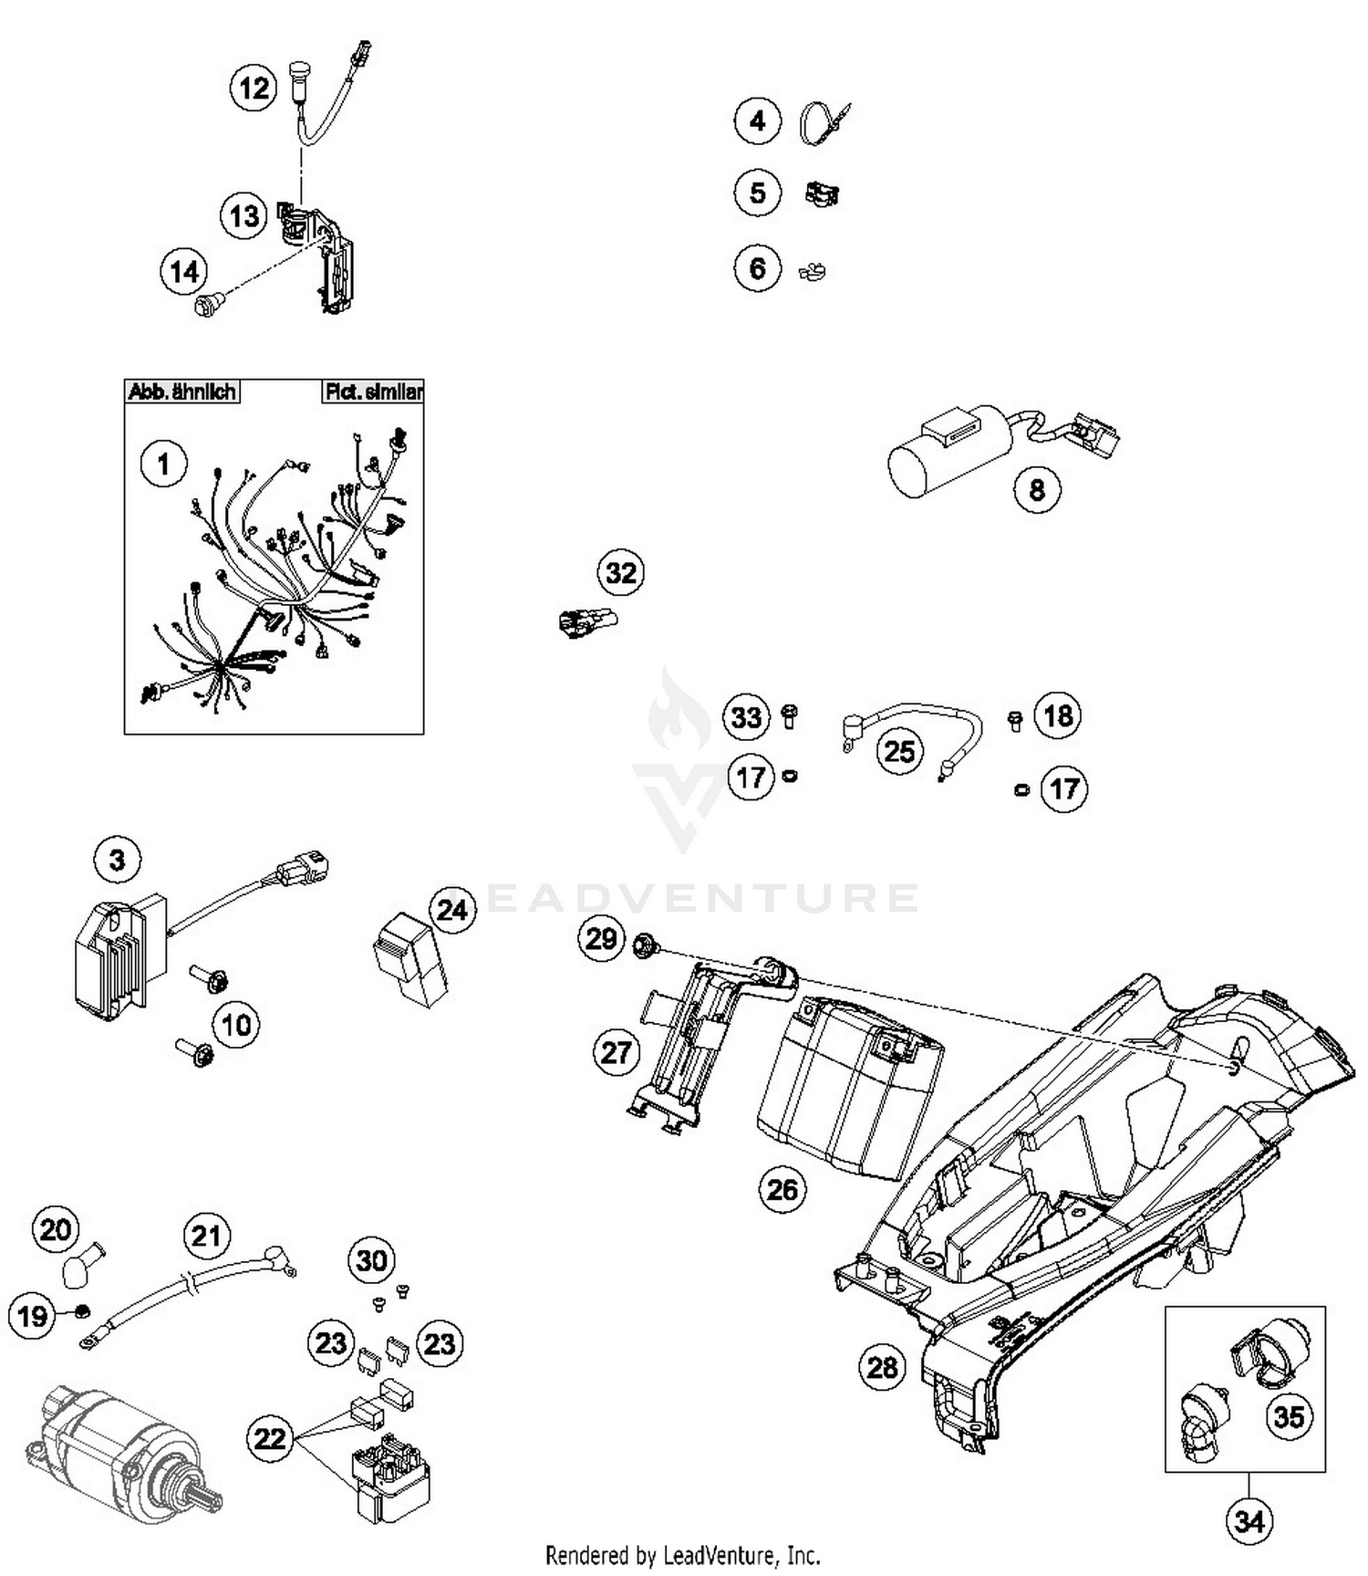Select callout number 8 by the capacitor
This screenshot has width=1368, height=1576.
tap(1037, 490)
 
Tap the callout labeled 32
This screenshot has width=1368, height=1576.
tap(621, 573)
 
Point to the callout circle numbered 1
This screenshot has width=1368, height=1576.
tap(163, 464)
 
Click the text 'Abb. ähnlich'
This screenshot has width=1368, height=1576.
tap(182, 392)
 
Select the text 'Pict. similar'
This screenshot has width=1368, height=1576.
tap(373, 392)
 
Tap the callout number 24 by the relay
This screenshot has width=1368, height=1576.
tap(452, 910)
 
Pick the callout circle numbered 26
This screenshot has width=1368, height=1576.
tap(782, 1190)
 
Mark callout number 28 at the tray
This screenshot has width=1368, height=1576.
tap(882, 1368)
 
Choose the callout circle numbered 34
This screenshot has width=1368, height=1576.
tap(1249, 1521)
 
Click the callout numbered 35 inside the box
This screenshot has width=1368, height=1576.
tap(1289, 1417)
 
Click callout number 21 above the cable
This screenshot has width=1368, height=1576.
tap(206, 1237)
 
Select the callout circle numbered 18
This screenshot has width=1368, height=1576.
tap(1058, 715)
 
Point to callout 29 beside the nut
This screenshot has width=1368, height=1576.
tap(601, 939)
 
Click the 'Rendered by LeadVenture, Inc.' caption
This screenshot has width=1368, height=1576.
tap(682, 1554)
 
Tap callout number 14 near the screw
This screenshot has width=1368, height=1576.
tap(184, 272)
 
